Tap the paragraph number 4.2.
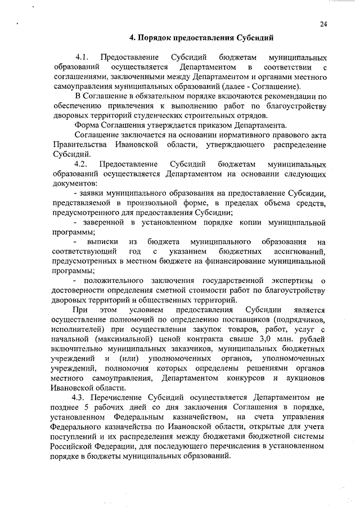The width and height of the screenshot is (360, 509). point(82,164)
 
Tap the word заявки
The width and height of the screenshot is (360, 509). point(97,193)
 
